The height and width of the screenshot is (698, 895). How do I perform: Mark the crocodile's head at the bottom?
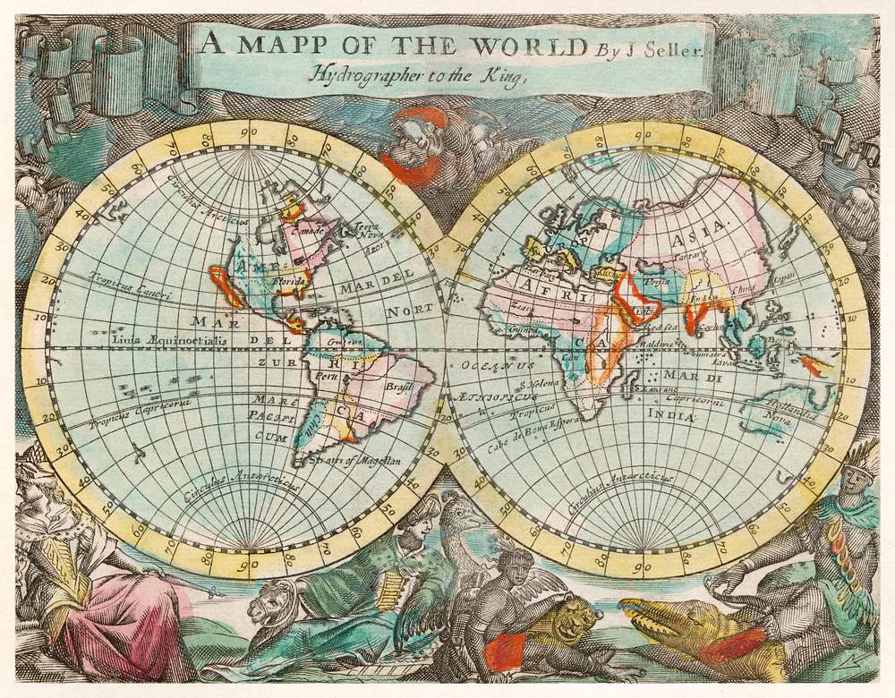point(658,616)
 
